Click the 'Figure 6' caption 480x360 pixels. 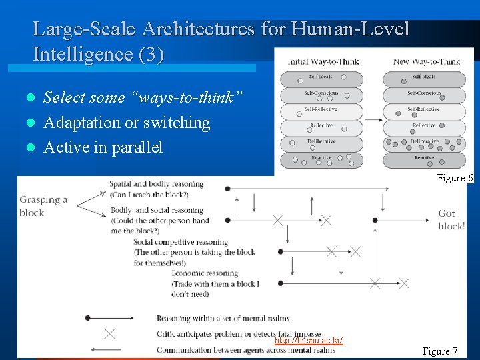pos(455,178)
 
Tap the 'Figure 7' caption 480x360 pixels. pos(440,351)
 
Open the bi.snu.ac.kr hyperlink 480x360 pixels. pos(309,341)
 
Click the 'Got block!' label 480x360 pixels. pos(451,220)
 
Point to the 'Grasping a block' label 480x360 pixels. pos(41,206)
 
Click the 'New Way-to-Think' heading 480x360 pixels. pos(426,61)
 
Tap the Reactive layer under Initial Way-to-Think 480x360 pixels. pos(321,159)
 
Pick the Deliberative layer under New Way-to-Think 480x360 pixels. pos(424,143)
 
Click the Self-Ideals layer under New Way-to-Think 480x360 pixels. pos(424,79)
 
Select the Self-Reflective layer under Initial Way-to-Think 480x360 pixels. pos(321,111)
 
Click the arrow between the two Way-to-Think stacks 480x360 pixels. pos(373,120)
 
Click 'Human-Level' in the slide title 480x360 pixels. pos(351,29)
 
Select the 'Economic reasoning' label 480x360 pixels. pos(205,273)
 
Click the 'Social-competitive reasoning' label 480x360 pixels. pos(181,242)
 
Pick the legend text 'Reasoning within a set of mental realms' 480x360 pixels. pos(223,319)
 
